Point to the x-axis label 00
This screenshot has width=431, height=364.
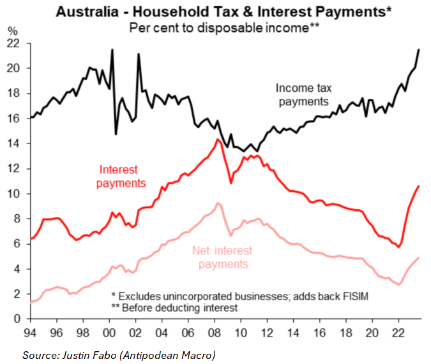point(109,332)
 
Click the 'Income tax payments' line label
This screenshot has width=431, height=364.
point(303,94)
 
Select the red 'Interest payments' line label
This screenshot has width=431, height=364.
point(121,177)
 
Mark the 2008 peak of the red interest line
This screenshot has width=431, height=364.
point(218,140)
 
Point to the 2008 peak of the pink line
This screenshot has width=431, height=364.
point(218,203)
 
